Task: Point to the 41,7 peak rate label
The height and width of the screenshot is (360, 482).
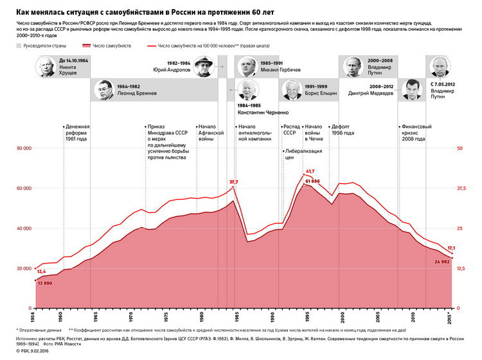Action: point(310,171)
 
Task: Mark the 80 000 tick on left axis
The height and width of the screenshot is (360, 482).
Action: point(24,148)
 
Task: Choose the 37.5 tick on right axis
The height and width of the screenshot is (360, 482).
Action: point(460,188)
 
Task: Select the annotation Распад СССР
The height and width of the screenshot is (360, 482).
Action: point(292,130)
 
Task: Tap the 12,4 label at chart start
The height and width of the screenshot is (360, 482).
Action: point(41,253)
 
